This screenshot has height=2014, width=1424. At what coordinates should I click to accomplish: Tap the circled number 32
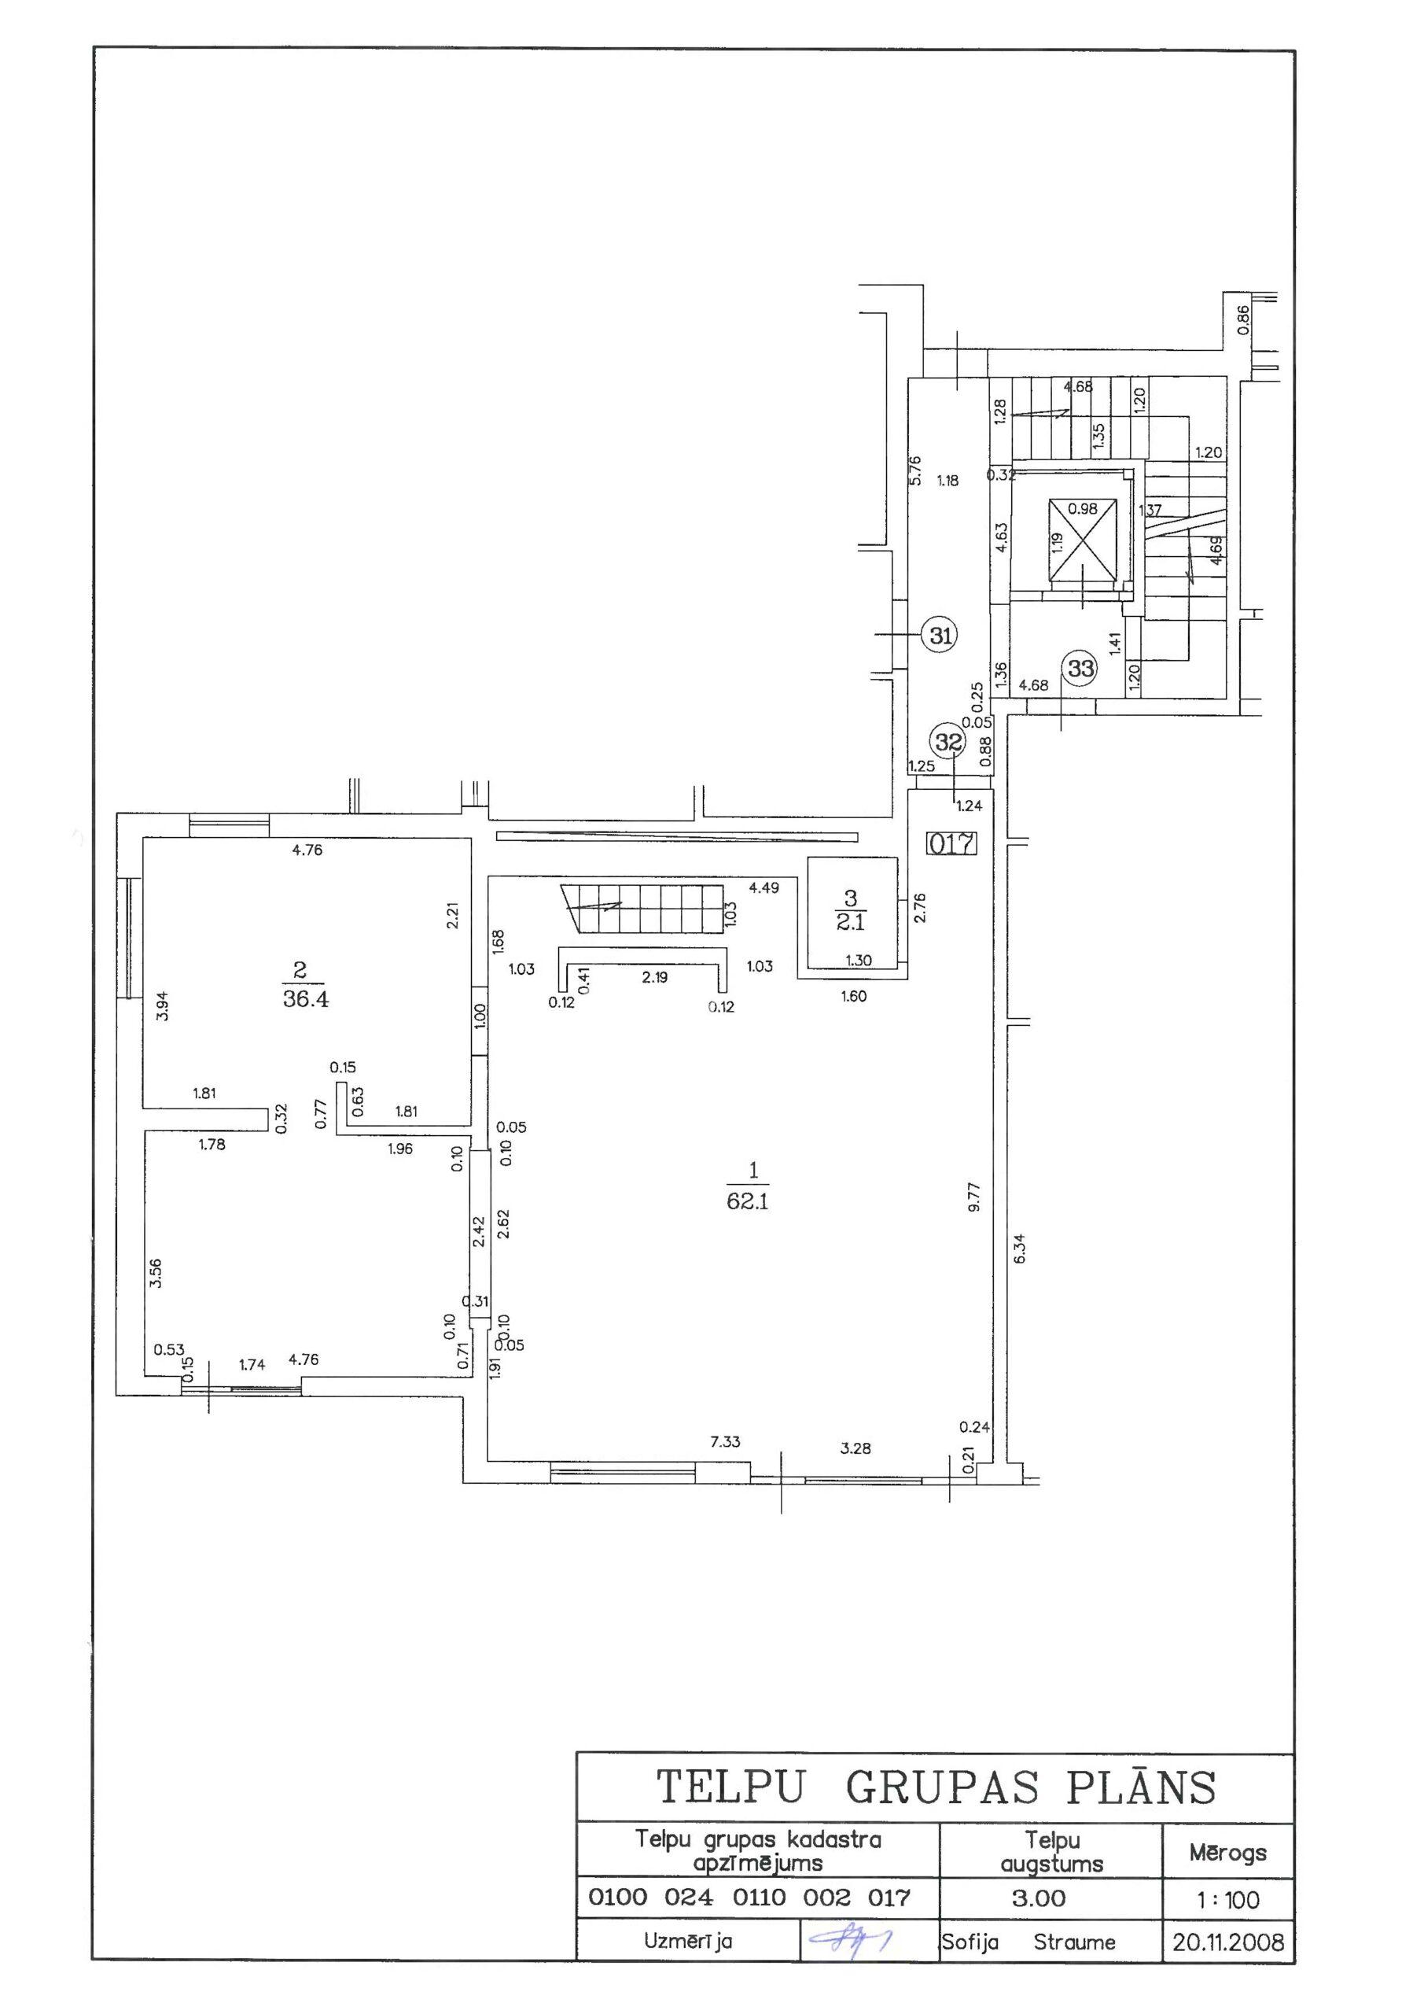(x=947, y=742)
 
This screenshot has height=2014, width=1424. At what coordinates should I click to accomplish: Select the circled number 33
(x=1080, y=669)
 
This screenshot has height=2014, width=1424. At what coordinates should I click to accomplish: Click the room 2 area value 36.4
(x=305, y=998)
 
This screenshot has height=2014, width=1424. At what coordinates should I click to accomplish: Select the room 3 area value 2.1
(x=850, y=923)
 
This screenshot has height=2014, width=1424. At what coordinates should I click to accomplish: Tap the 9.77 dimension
(x=973, y=1197)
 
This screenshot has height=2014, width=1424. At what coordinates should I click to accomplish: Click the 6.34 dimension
(x=1018, y=1249)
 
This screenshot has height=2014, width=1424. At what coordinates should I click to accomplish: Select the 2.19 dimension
(x=654, y=976)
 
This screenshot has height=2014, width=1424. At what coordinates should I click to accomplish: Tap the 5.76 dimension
(x=915, y=470)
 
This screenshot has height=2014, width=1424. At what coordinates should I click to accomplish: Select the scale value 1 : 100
(x=1227, y=1900)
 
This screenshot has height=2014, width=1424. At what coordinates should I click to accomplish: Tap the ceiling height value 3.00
(x=1038, y=1898)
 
